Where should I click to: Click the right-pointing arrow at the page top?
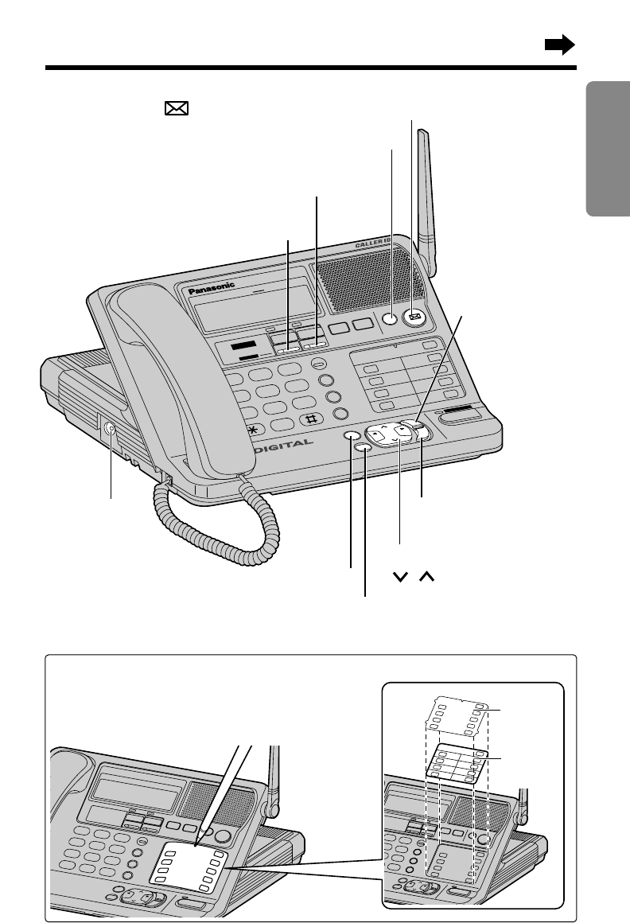[559, 47]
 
